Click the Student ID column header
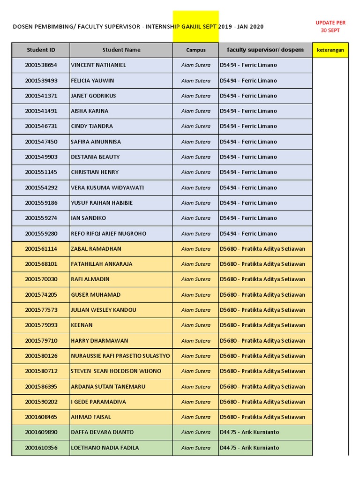coord(41,50)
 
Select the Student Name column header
coord(121,50)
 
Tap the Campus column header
coord(195,50)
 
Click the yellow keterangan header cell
coord(330,50)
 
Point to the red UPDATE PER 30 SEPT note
coord(330,26)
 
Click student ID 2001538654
coord(41,65)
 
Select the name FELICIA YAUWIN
coord(92,81)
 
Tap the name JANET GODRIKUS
coord(93,96)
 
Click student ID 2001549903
coord(41,157)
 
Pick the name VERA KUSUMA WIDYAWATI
coord(107,187)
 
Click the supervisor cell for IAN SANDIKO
coord(265,218)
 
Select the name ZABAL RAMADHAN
coord(96,249)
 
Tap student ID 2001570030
coord(41,279)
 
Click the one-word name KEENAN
coord(82,325)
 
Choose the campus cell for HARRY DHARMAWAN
coord(195,341)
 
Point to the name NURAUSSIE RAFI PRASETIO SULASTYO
coord(120,356)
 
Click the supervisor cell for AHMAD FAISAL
coord(265,417)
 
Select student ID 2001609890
coord(41,432)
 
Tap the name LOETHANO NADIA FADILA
coord(105,448)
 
